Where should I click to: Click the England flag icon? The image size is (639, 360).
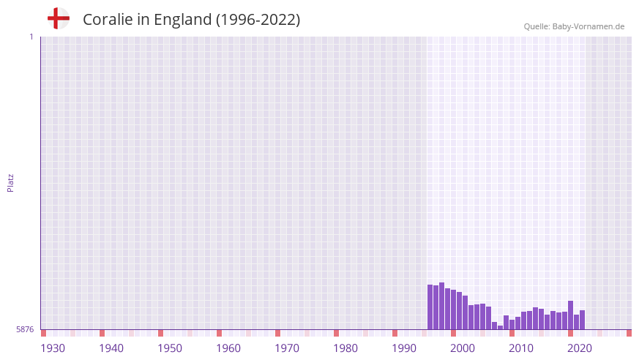[x=58, y=18]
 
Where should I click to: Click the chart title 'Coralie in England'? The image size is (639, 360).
[x=191, y=20]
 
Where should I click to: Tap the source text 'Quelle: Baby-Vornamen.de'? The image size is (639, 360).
[x=574, y=26]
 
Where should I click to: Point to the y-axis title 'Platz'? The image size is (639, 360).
[x=10, y=182]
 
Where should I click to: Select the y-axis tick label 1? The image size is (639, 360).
[x=31, y=37]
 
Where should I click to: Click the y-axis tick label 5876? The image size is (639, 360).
[x=25, y=330]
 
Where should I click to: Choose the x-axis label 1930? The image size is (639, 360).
[x=53, y=348]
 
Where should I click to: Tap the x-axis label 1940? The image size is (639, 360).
[x=111, y=348]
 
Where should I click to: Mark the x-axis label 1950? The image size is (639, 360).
[x=170, y=348]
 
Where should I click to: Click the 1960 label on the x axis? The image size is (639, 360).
[x=228, y=348]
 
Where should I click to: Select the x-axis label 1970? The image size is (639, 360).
[x=287, y=348]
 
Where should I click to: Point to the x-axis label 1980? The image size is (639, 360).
[x=345, y=348]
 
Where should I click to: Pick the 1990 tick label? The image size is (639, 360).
[x=404, y=348]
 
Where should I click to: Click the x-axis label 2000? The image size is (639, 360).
[x=463, y=348]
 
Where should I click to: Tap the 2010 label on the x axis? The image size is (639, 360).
[x=521, y=348]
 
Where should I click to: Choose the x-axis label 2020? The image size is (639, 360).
[x=580, y=348]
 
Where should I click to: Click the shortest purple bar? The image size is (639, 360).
[x=500, y=327]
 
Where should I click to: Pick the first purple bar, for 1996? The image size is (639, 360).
[x=430, y=307]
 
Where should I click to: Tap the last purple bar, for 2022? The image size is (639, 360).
[x=582, y=320]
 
